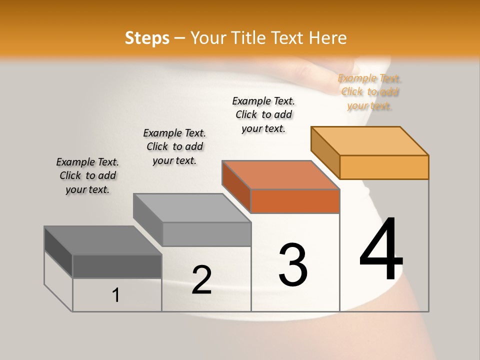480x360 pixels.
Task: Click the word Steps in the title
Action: point(147,38)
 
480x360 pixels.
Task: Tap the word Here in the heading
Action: point(327,38)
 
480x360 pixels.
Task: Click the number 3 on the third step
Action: point(292,264)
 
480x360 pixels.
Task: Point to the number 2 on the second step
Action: point(201,280)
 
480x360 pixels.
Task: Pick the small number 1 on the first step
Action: point(116,295)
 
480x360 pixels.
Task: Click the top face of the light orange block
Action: point(370,140)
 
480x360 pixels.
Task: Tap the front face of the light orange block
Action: point(384,167)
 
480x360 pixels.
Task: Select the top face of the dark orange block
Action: point(281,175)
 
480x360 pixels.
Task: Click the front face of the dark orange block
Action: point(295,201)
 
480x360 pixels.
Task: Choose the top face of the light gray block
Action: point(192,207)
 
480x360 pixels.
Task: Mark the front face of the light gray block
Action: point(206,234)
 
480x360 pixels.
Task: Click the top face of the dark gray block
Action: point(103,240)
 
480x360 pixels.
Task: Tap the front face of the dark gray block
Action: point(117,266)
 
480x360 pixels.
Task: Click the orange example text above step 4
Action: point(369,92)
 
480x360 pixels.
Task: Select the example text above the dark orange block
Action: point(263,114)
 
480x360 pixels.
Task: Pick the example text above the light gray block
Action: point(174,146)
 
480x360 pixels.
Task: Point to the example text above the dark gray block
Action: point(87,175)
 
